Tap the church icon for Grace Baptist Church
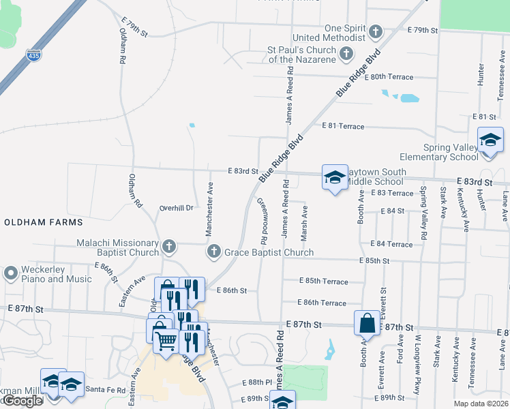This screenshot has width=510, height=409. coord(213,252)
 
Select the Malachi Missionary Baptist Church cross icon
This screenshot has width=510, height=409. coord(169,245)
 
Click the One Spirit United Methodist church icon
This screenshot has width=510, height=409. coord(375,31)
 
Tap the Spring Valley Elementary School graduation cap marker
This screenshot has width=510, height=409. coord(490,141)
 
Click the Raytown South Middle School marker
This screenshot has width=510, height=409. coord(334,178)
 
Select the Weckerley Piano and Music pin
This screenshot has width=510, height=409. coord(10,273)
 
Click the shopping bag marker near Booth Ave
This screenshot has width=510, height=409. coord(367,323)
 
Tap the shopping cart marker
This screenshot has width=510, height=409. coord(166,340)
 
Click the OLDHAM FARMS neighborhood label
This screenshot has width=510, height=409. coord(44,222)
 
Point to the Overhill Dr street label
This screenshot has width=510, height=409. coord(177,208)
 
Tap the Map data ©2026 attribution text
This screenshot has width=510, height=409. coord(480,404)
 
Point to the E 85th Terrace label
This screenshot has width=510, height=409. coord(324,282)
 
